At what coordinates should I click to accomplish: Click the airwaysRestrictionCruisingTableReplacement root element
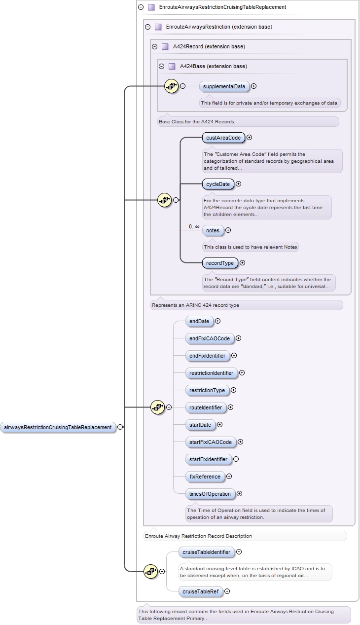click(57, 427)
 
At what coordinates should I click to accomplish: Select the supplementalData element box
click(224, 86)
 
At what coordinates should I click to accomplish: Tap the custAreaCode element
click(223, 138)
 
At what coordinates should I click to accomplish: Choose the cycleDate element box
click(217, 184)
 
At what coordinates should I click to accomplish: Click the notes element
click(213, 230)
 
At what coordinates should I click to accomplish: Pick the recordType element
click(220, 263)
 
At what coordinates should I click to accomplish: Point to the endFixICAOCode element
click(210, 338)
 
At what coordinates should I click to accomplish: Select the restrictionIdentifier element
click(211, 373)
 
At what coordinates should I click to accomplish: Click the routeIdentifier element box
click(206, 407)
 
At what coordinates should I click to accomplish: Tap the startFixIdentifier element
click(208, 459)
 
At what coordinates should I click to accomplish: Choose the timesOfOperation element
click(210, 494)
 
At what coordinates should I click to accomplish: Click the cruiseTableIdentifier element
click(206, 552)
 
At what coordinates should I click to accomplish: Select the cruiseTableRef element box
click(200, 591)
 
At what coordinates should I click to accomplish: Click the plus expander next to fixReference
click(229, 477)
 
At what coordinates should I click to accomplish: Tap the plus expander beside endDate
click(217, 321)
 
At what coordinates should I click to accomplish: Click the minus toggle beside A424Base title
click(161, 67)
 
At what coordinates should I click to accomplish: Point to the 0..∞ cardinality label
click(194, 227)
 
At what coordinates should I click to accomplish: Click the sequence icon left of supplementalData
click(171, 86)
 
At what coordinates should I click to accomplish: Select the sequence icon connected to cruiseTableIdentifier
click(151, 571)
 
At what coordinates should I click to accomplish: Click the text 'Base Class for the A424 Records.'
click(197, 121)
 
